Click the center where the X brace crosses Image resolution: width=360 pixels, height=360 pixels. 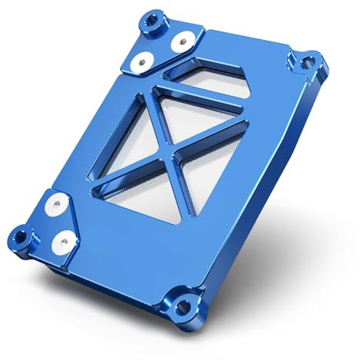[x=170, y=151]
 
